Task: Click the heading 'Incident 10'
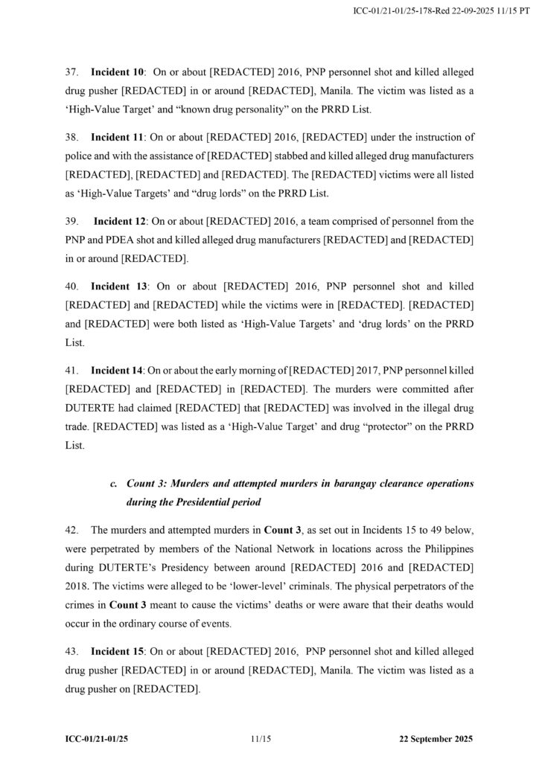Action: pos(117,73)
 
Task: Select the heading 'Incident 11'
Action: pos(117,138)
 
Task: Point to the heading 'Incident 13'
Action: pos(119,286)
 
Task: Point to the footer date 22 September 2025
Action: pos(436,740)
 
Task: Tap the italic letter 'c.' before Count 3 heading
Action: pos(113,484)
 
